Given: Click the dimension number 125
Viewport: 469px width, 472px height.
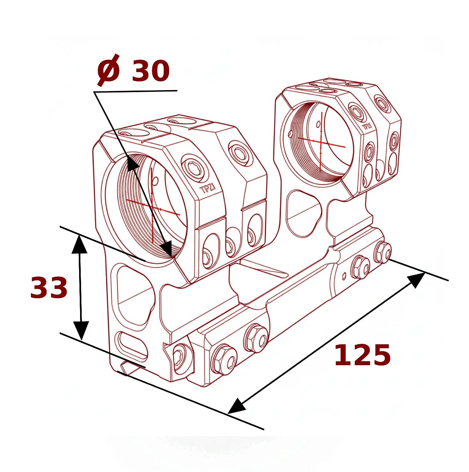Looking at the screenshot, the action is point(362,355).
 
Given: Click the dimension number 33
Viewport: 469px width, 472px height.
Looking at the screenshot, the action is point(49,288).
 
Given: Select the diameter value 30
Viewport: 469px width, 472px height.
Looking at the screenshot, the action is point(151,70).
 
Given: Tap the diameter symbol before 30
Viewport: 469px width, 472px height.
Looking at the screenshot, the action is point(108,70).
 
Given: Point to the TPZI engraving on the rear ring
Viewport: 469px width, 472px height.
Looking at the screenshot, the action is point(367,127).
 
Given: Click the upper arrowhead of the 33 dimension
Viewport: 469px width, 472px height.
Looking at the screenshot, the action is point(79,244).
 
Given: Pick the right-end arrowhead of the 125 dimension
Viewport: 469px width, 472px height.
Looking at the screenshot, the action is point(416,279).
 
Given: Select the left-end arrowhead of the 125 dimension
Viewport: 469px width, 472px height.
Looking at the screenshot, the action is point(237,406).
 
